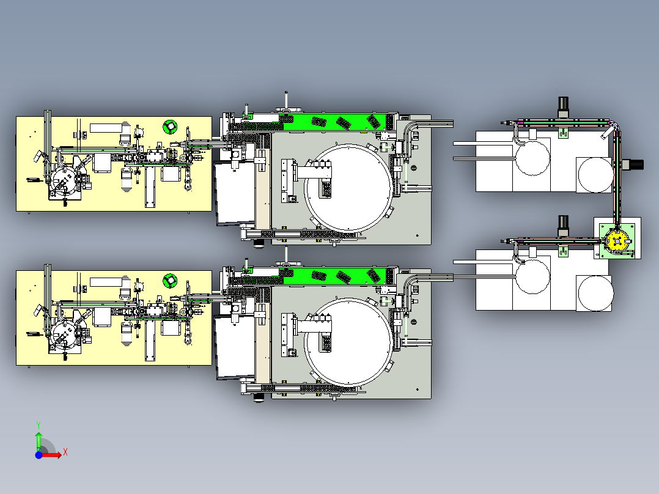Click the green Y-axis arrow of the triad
pos(39,441)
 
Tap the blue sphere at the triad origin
pos(39,455)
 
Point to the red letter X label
pos(65,452)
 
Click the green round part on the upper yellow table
pos(170,126)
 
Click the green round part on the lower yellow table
pos(170,280)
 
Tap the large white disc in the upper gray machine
pos(348,188)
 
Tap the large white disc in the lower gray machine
pos(348,342)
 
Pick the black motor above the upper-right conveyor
pos(563,107)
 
